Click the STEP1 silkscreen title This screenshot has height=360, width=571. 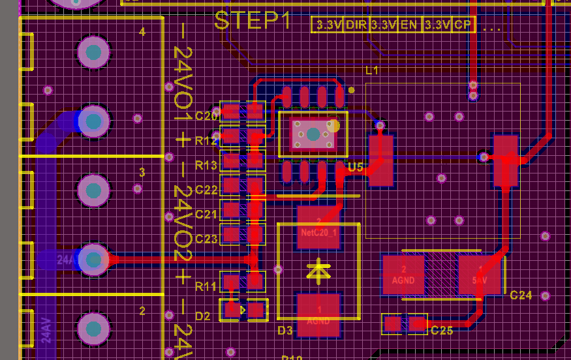(x=252, y=21)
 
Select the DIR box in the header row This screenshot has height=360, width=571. (x=356, y=25)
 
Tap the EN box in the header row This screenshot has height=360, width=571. (x=409, y=25)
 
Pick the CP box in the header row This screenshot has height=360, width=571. (x=463, y=25)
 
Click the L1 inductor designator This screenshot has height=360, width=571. (x=373, y=70)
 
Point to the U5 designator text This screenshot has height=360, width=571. (x=355, y=168)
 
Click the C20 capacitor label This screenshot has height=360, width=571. (x=206, y=116)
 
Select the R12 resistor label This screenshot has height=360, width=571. (x=206, y=140)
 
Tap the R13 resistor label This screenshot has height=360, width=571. (x=206, y=165)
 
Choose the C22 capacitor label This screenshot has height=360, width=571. (x=206, y=190)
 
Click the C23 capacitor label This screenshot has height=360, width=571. (x=206, y=239)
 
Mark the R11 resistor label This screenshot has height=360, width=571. (x=206, y=286)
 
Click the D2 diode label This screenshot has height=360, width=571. (x=203, y=316)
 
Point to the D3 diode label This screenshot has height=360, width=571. (x=285, y=331)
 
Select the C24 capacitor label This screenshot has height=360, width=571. (x=521, y=295)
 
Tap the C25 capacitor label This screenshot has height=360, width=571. (x=442, y=331)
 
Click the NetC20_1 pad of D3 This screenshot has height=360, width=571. (x=318, y=228)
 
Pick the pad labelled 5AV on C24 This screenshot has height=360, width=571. (x=480, y=274)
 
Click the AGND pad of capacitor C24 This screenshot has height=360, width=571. (x=403, y=274)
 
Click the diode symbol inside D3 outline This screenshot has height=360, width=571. (x=318, y=271)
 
